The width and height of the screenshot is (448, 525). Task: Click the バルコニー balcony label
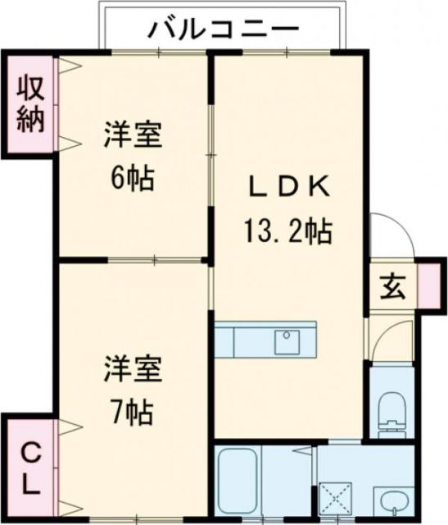click(x=223, y=29)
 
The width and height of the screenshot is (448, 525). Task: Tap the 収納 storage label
click(x=31, y=103)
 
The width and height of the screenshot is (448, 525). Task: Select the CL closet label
click(x=29, y=468)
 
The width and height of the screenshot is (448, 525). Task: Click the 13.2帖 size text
click(x=286, y=233)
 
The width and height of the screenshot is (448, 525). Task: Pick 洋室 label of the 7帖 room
click(x=132, y=367)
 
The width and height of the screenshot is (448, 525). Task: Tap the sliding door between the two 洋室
click(x=156, y=260)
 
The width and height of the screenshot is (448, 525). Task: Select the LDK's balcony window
click(x=286, y=52)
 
